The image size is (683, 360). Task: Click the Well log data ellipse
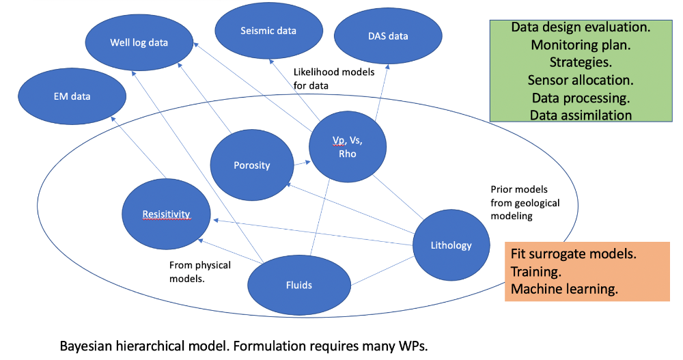click(x=139, y=42)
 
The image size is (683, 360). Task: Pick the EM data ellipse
click(x=72, y=96)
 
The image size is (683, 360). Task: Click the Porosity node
click(x=251, y=165)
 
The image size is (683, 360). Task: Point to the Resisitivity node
click(x=165, y=214)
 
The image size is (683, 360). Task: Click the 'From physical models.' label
click(x=199, y=272)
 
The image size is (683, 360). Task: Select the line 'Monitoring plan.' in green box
click(x=581, y=45)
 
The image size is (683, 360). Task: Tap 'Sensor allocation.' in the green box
click(x=581, y=80)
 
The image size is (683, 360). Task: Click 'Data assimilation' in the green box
click(x=581, y=115)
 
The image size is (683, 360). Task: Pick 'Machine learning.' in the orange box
click(x=564, y=289)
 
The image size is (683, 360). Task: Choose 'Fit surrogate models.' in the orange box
click(x=574, y=253)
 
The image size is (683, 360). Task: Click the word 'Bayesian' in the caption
click(x=85, y=345)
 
